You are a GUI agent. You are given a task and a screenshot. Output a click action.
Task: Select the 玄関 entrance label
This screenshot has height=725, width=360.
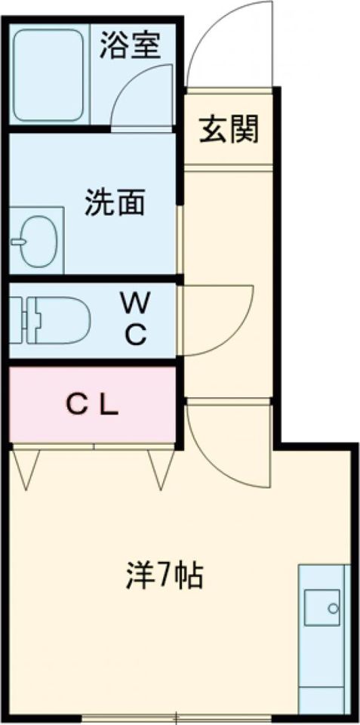[x=229, y=129]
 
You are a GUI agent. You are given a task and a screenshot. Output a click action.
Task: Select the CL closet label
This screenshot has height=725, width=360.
[x=91, y=406]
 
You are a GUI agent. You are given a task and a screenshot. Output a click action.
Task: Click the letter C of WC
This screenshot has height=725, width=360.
[x=136, y=335]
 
